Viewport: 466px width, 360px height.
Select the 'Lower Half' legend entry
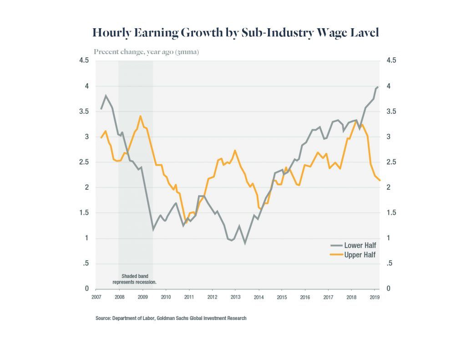(x=360, y=246)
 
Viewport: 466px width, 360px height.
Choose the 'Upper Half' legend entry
(x=360, y=255)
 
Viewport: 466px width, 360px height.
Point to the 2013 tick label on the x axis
(x=235, y=297)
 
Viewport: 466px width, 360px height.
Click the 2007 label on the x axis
(x=96, y=297)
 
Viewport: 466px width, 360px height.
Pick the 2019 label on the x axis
(x=374, y=297)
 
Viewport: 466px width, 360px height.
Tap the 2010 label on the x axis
(x=166, y=297)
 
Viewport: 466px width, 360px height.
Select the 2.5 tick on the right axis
(x=391, y=162)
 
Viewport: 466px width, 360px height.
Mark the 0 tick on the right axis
(x=388, y=289)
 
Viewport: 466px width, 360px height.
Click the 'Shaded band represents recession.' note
(x=135, y=279)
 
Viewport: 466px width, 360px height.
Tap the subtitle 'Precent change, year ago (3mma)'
(x=146, y=52)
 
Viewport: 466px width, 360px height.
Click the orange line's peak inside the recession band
(x=141, y=116)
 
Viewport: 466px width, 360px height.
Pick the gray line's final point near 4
(x=377, y=86)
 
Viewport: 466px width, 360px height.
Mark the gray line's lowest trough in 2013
(x=245, y=243)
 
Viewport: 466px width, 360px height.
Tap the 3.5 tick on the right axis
(x=391, y=112)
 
